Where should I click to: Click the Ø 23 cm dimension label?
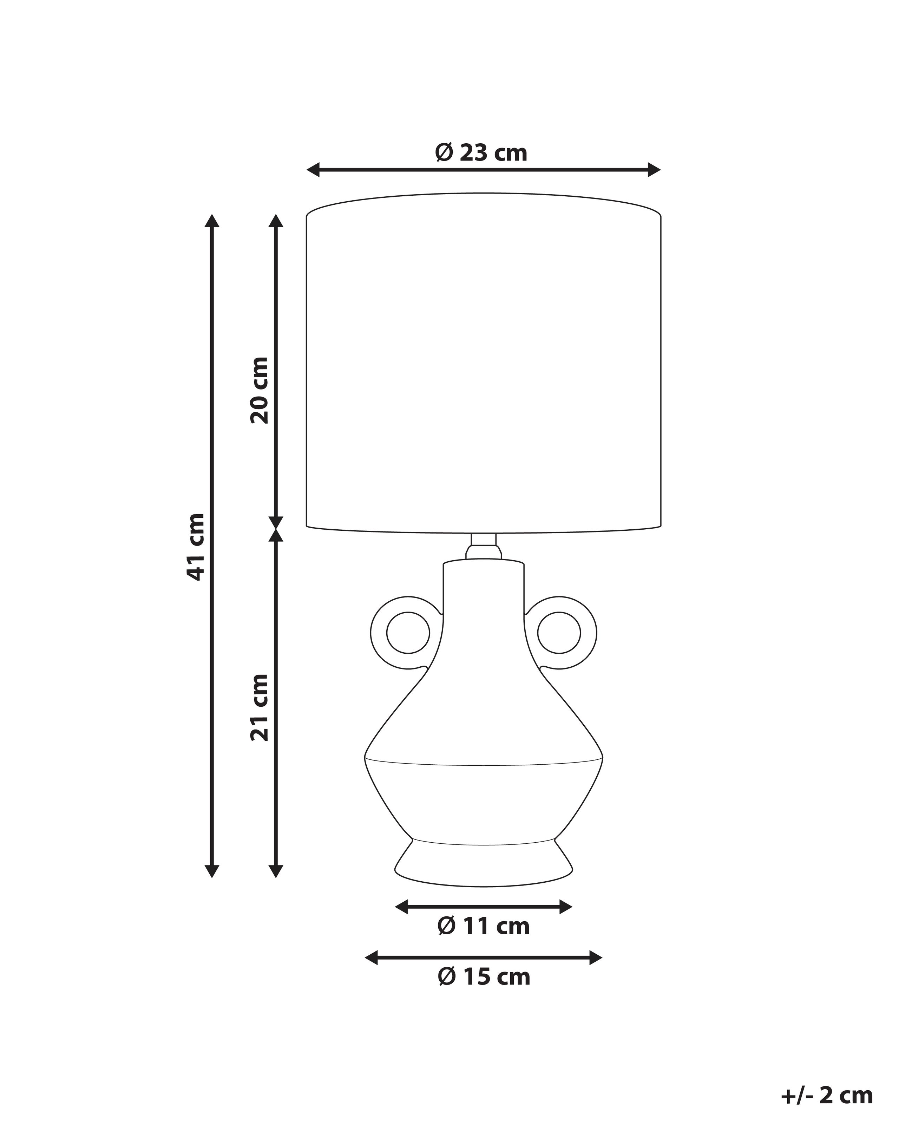pos(481,153)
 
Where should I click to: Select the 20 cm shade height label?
pos(259,390)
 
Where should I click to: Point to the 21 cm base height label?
pos(259,707)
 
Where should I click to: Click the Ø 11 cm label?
pos(484,926)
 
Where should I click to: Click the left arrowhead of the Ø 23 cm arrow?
pos(313,169)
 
